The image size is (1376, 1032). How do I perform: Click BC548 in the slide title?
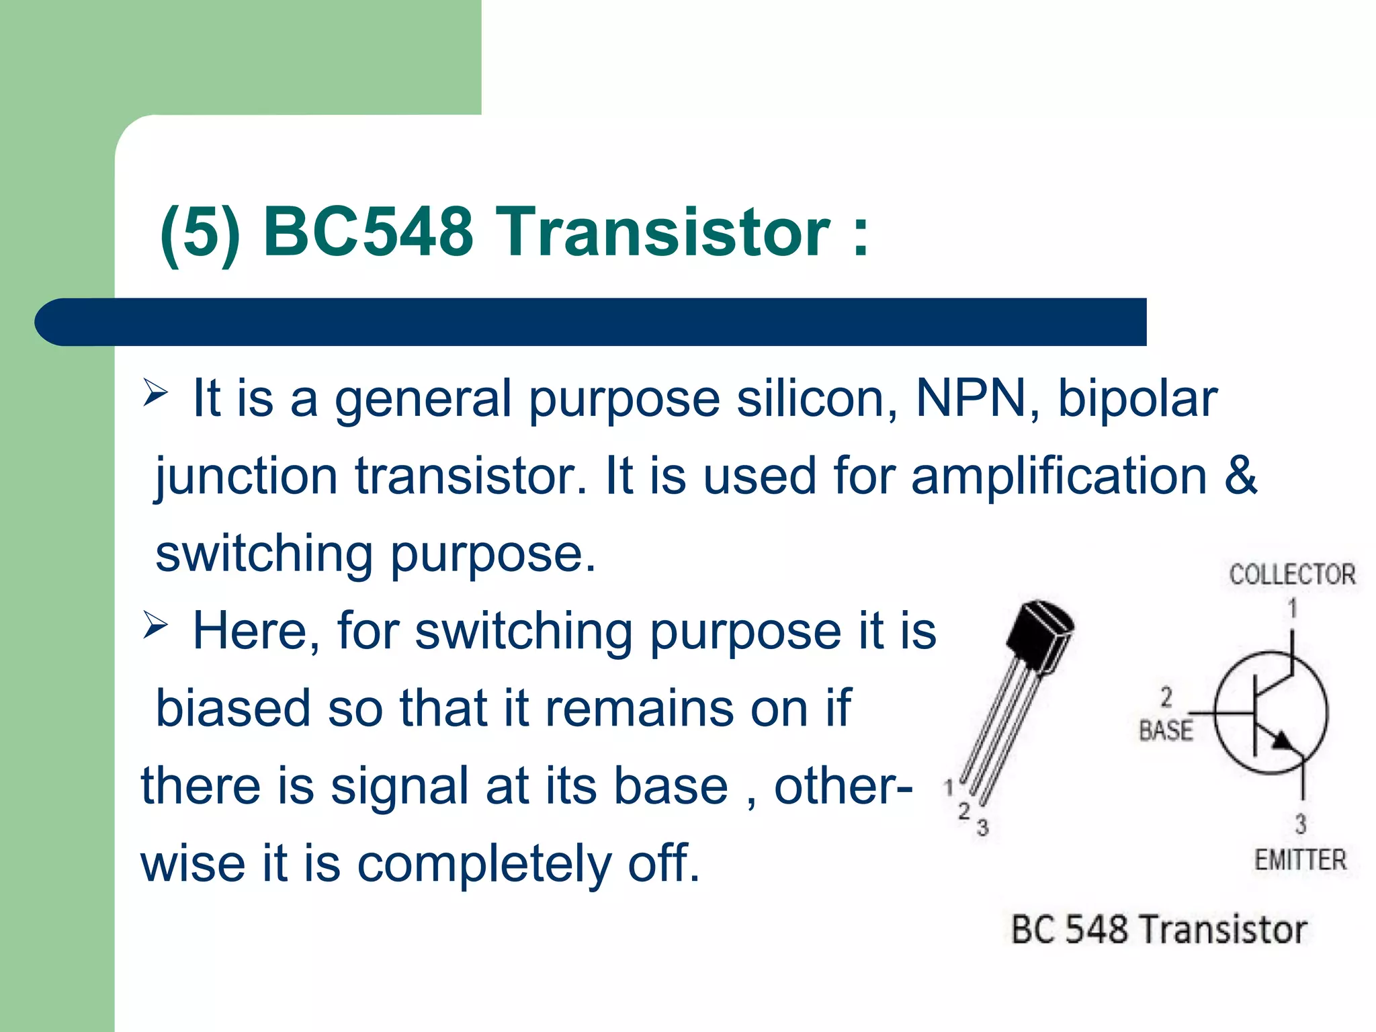point(368,232)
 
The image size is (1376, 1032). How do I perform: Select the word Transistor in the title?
point(665,232)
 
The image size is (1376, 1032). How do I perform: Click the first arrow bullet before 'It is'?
point(155,392)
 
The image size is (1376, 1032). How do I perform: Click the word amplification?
point(1059,476)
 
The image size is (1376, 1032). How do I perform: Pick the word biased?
point(232,709)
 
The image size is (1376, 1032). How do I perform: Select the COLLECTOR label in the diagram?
point(1292,575)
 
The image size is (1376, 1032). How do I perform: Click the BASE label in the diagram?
point(1166,730)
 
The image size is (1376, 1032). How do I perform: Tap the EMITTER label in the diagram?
point(1300,861)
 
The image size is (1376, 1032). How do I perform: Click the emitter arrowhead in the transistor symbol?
point(1281,740)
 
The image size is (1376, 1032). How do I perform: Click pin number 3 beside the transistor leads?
point(982,828)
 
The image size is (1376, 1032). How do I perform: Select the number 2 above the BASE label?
point(1166,697)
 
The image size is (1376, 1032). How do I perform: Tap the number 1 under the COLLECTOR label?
point(1292,609)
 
